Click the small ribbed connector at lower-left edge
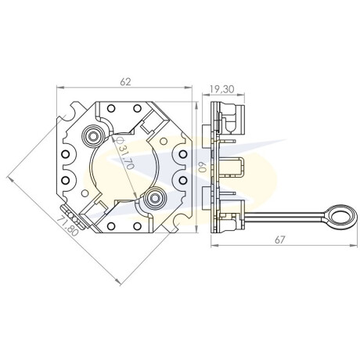pyautogui.click(x=71, y=211)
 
